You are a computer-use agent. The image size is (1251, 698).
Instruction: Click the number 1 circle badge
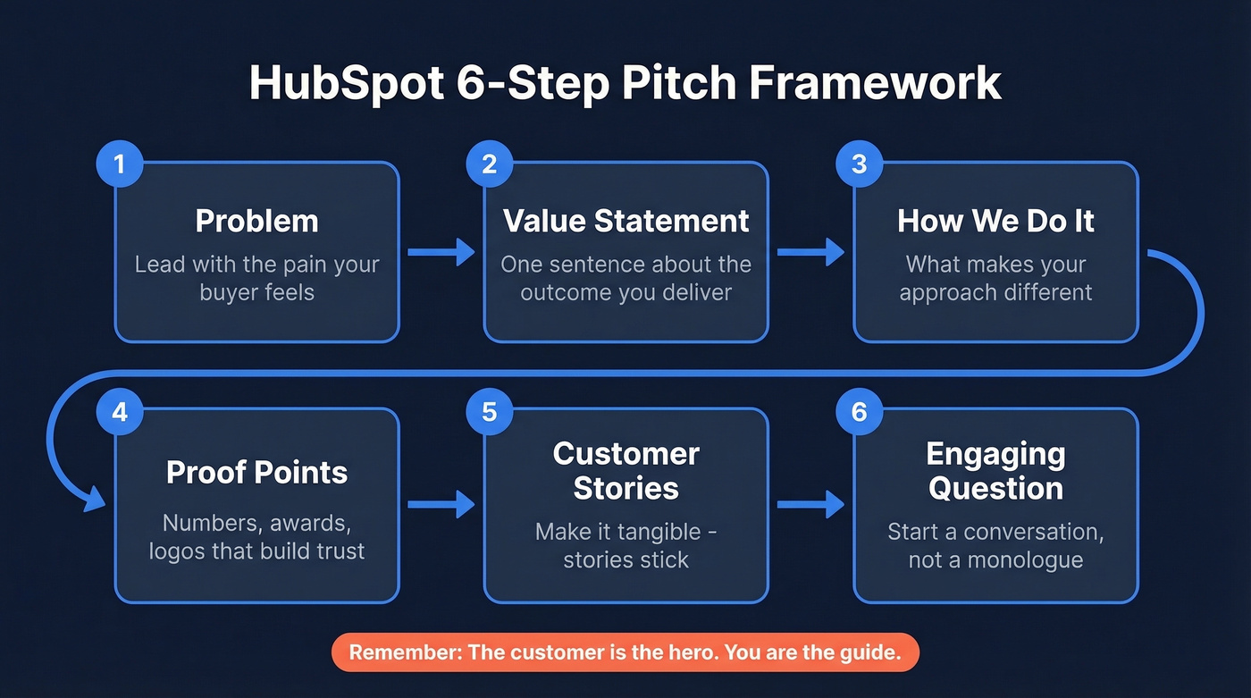(119, 164)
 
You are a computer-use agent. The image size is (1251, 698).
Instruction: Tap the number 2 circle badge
(489, 164)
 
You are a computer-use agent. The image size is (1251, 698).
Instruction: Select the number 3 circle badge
(859, 164)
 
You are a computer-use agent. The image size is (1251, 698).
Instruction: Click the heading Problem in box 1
(256, 221)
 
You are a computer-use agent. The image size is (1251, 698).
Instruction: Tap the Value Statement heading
(625, 221)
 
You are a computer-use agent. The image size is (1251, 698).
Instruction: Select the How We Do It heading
(995, 221)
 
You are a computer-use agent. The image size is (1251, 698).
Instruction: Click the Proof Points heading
(256, 472)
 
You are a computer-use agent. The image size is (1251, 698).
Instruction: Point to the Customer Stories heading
(625, 471)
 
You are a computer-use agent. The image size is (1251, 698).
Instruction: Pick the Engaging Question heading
(995, 471)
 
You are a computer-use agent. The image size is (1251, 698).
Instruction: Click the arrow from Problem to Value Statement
(441, 253)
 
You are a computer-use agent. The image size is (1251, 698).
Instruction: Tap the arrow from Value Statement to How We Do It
(810, 253)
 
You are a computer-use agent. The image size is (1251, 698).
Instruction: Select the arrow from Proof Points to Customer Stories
(441, 505)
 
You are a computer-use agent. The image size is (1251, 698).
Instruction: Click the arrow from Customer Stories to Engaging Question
(810, 505)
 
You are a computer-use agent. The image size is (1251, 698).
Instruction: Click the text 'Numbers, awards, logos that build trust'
(256, 537)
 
